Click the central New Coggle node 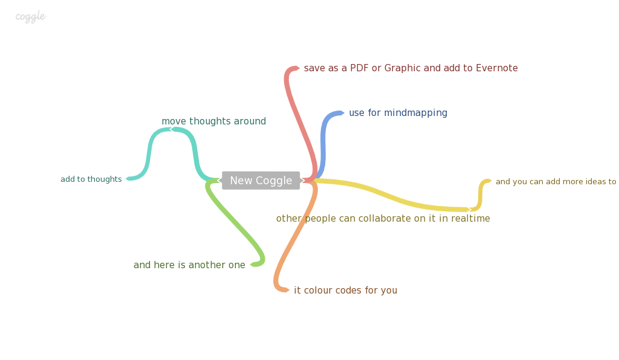pyautogui.click(x=261, y=181)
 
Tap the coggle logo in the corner pyautogui.click(x=30, y=16)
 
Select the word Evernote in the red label pyautogui.click(x=497, y=68)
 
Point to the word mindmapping pyautogui.click(x=416, y=113)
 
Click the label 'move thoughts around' pyautogui.click(x=213, y=121)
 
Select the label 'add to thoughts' pyautogui.click(x=91, y=179)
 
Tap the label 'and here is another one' pyautogui.click(x=189, y=265)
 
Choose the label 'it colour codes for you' pyautogui.click(x=345, y=291)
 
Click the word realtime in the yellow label pyautogui.click(x=466, y=219)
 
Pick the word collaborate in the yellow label pyautogui.click(x=392, y=219)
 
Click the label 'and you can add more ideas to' pyautogui.click(x=556, y=182)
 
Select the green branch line pyautogui.click(x=236, y=223)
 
